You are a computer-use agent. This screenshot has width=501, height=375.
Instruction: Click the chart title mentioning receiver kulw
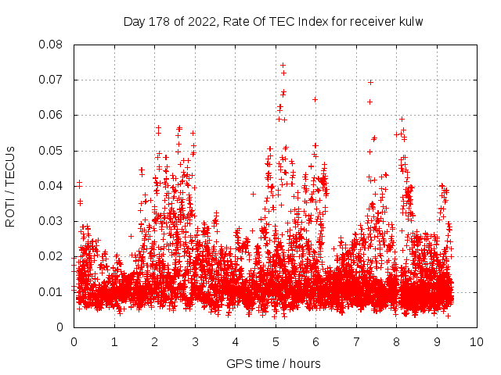pyautogui.click(x=273, y=22)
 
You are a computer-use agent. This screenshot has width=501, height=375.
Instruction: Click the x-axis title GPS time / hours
pyautogui.click(x=273, y=363)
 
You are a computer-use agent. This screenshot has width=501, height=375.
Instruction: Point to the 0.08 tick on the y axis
pyautogui.click(x=52, y=45)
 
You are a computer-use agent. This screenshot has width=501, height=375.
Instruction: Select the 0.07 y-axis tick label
pyautogui.click(x=52, y=80)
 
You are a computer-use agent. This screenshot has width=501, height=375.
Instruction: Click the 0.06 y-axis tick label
pyautogui.click(x=52, y=115)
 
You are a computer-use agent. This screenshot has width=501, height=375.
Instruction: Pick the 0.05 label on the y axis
pyautogui.click(x=52, y=151)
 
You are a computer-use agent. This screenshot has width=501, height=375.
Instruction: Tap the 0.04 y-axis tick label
pyautogui.click(x=52, y=186)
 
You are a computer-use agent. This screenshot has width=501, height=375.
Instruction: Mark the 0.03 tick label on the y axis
pyautogui.click(x=52, y=221)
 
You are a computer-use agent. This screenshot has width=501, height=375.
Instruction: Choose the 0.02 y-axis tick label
pyautogui.click(x=52, y=256)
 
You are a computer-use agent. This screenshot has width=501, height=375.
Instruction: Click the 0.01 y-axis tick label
pyautogui.click(x=52, y=292)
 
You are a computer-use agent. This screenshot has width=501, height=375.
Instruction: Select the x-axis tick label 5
pyautogui.click(x=276, y=342)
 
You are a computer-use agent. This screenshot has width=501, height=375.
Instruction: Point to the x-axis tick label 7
pyautogui.click(x=356, y=342)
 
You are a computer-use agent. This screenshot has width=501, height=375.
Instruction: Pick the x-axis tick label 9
pyautogui.click(x=437, y=342)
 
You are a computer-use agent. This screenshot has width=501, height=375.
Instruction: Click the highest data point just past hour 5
pyautogui.click(x=283, y=65)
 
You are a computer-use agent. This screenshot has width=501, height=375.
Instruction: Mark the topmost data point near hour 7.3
pyautogui.click(x=370, y=82)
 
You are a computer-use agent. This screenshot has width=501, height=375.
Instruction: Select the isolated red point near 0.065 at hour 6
pyautogui.click(x=315, y=99)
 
